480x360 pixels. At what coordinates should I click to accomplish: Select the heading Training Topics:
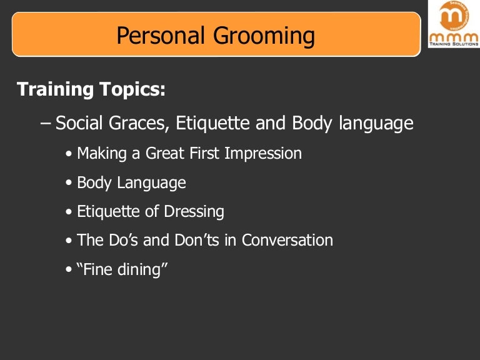(91, 89)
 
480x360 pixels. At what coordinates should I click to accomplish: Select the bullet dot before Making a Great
(69, 154)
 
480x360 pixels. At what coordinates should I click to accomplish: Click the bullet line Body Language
(131, 183)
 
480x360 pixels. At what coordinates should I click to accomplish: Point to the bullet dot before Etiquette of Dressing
(69, 212)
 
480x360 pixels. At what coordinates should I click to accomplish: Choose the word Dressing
(194, 212)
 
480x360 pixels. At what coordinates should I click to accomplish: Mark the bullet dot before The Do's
(69, 241)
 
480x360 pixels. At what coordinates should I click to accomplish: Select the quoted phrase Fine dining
(123, 269)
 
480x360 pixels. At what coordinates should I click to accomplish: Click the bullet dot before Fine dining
(69, 270)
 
